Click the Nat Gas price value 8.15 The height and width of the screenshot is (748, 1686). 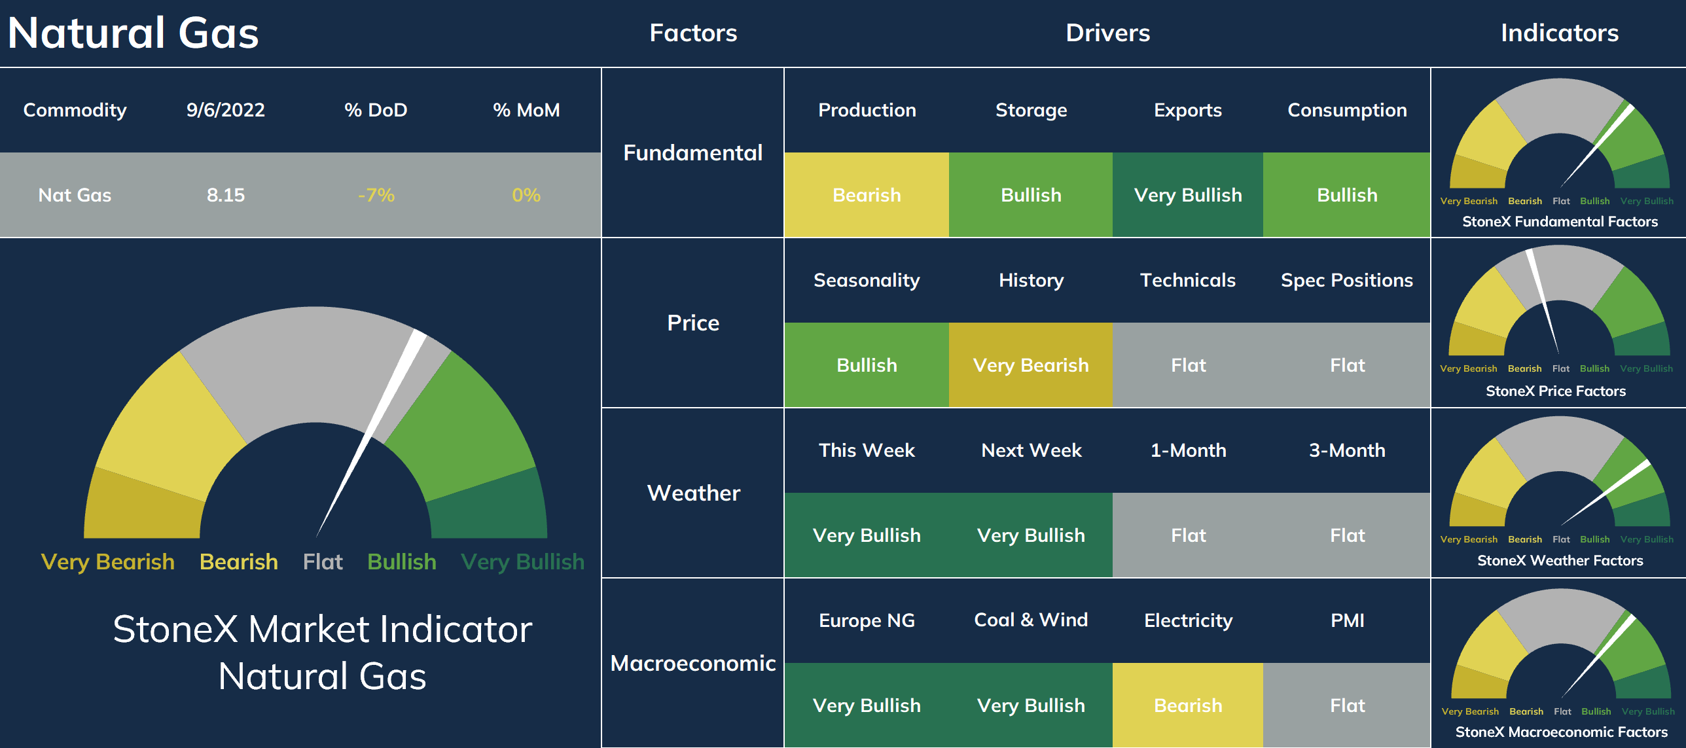(x=226, y=195)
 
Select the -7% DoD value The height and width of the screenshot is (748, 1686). (x=376, y=195)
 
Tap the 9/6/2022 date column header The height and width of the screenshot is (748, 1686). (x=226, y=110)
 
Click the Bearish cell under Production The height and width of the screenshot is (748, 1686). (x=867, y=195)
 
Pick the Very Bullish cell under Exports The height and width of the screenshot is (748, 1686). (x=1188, y=195)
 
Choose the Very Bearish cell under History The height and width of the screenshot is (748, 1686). (x=1031, y=365)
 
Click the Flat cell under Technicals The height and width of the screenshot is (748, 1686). (x=1188, y=365)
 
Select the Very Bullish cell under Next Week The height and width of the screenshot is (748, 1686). (x=1031, y=535)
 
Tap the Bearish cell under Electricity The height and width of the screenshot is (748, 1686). (x=1188, y=705)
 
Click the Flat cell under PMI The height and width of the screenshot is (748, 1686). (x=1347, y=705)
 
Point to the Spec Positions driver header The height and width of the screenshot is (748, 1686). (x=1347, y=281)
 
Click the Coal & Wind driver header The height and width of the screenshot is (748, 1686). (x=1031, y=620)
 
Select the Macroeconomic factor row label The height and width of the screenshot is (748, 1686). (x=693, y=663)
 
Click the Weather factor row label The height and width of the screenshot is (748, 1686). (x=694, y=493)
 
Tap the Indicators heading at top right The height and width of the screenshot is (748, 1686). (x=1560, y=33)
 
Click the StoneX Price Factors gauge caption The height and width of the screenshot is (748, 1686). (x=1556, y=391)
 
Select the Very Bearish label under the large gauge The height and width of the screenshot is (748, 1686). (x=107, y=562)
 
